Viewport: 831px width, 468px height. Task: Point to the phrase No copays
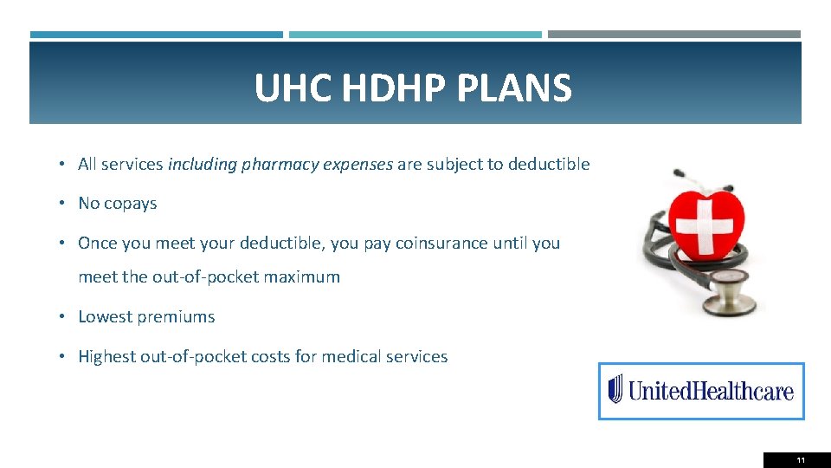click(x=118, y=203)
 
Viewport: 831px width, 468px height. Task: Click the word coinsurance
click(x=443, y=243)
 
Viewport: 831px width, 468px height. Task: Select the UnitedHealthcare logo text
click(x=711, y=391)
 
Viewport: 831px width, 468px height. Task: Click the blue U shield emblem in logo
click(x=615, y=389)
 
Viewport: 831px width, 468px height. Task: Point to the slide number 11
click(x=801, y=460)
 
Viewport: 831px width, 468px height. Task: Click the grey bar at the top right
click(x=674, y=35)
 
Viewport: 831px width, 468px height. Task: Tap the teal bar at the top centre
click(x=415, y=35)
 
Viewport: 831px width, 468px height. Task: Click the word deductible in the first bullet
click(x=549, y=164)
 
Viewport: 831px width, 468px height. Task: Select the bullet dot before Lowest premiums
click(x=65, y=317)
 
